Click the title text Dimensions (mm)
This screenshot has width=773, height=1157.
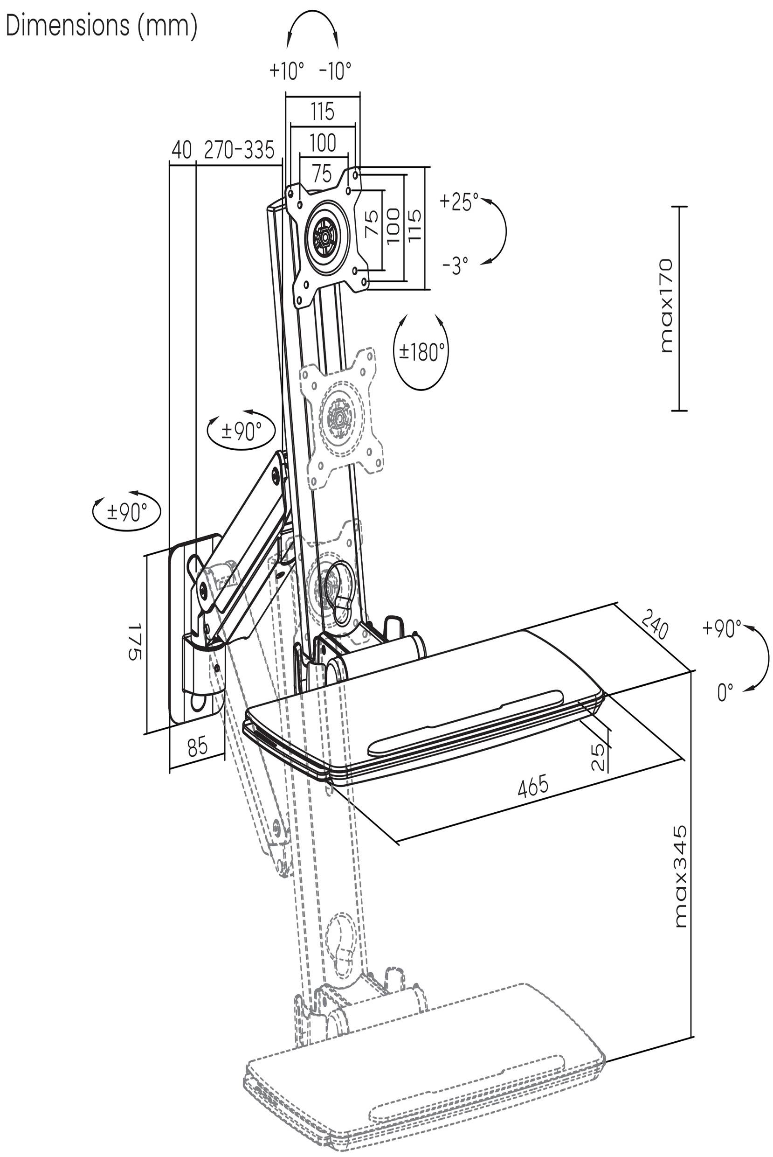point(102,26)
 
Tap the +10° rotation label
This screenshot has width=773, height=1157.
point(286,70)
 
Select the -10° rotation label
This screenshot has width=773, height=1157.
point(335,70)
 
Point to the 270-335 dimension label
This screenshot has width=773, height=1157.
point(239,150)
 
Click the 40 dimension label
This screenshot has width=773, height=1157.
point(181,150)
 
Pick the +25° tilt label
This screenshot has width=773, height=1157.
point(459,202)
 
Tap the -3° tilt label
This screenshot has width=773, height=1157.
point(455,266)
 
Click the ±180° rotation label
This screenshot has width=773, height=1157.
point(421,352)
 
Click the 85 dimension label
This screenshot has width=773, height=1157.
point(197,748)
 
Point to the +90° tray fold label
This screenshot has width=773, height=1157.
point(721,629)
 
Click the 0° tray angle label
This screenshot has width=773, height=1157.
point(725,692)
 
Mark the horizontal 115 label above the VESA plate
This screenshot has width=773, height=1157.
point(323,112)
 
